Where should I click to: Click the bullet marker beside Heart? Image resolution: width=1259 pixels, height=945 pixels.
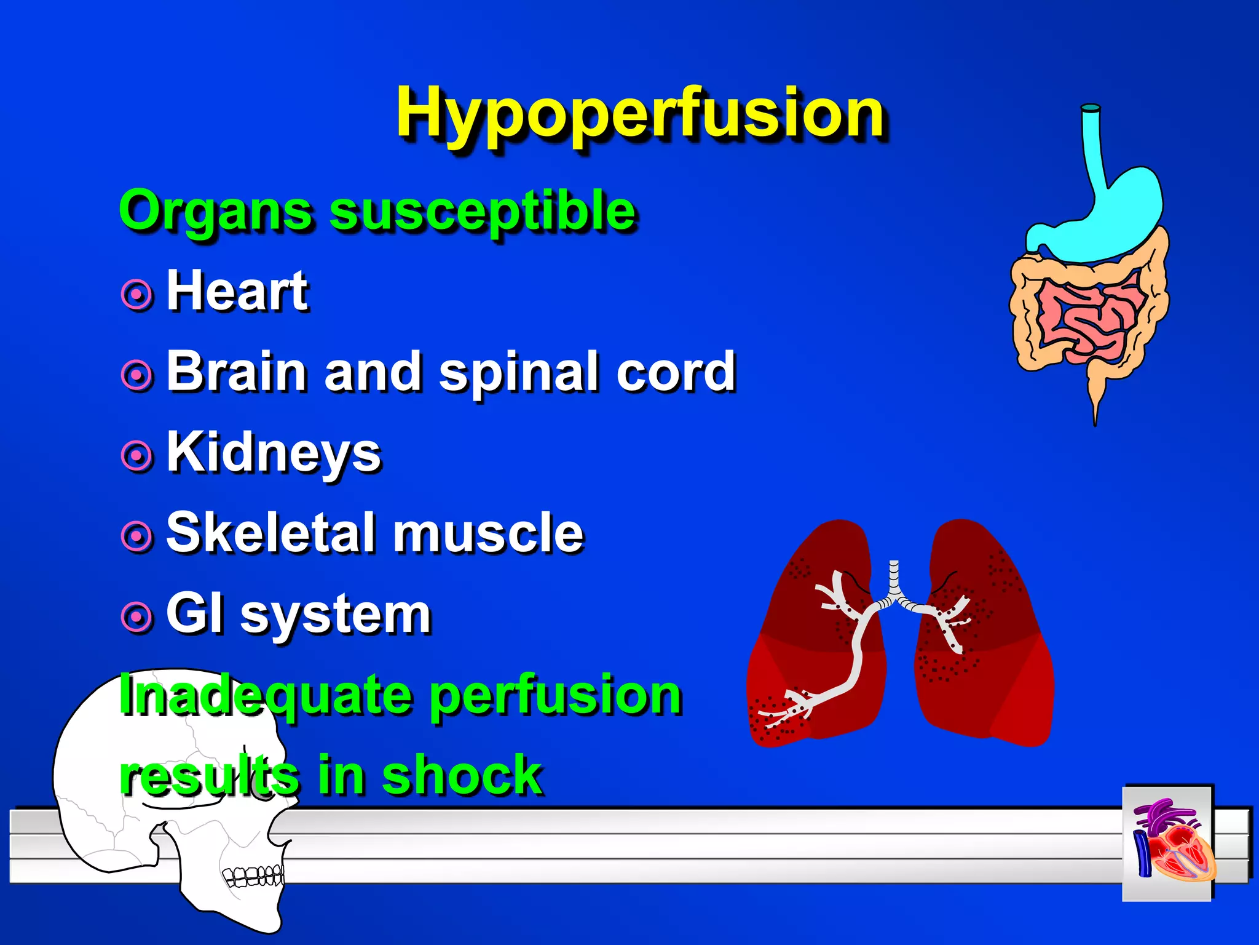point(136,295)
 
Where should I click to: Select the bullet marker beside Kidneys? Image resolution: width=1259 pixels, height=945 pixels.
point(136,456)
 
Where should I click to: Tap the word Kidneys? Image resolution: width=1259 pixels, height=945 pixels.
point(274,453)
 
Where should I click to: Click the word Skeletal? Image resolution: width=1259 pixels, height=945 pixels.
point(270,533)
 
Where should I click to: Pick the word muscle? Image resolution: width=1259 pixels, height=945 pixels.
point(488,533)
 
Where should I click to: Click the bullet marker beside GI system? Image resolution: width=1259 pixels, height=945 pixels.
point(136,617)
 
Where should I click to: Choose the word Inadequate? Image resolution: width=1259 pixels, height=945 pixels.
point(264,695)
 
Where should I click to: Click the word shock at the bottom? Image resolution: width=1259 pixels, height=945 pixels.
point(462,776)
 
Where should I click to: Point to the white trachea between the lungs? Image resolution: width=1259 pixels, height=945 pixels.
point(894,581)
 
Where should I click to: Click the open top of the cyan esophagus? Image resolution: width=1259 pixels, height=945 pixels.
point(1091,108)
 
